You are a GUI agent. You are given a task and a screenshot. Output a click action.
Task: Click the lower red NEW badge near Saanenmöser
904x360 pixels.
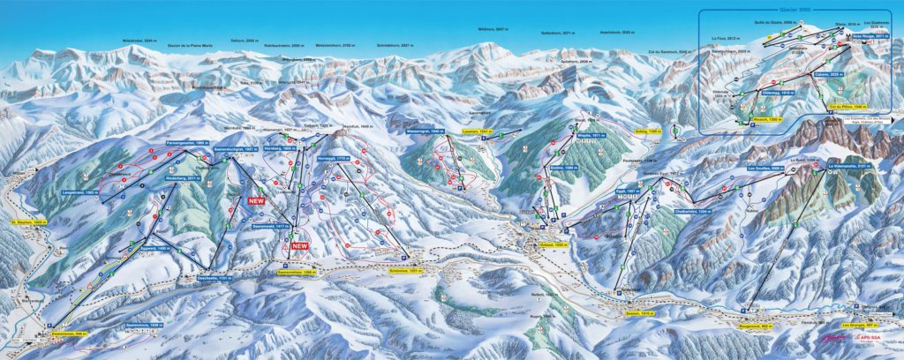point(300,245)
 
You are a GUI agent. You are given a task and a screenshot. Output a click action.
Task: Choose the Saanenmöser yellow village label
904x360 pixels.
point(298,274)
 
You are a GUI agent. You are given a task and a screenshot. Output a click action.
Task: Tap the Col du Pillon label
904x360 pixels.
point(845,107)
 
